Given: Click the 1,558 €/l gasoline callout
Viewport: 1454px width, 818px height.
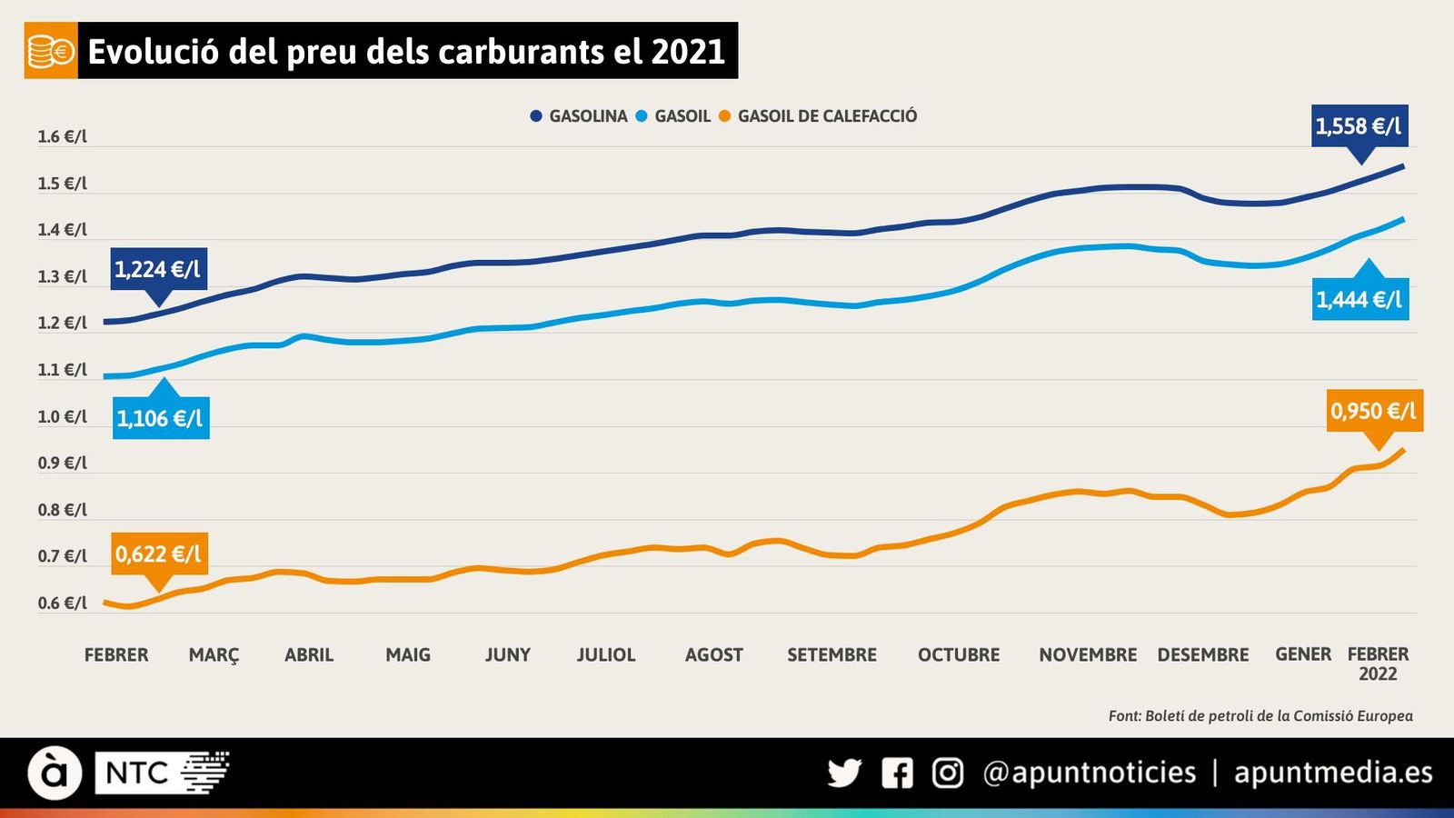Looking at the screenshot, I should pos(1359,125).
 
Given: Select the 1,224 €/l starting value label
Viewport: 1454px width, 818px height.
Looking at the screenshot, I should pos(158,269).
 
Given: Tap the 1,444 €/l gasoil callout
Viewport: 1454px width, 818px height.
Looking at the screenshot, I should pos(1359,299).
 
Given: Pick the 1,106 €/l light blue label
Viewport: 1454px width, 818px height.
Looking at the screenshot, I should pos(161,418).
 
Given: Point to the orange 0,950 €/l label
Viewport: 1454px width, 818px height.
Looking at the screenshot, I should pos(1373,411).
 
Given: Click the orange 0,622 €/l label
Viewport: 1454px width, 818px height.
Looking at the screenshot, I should pos(159,554).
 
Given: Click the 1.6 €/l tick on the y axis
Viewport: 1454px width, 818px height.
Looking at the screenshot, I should pos(63,137).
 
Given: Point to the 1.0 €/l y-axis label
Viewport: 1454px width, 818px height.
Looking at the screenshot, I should pos(63,417).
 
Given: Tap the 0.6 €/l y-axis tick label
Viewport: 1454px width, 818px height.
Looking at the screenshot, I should pos(63,604).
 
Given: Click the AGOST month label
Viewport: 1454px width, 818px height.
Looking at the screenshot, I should pos(713,655).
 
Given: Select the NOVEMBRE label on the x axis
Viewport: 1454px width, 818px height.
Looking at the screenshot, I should pos(1088,655).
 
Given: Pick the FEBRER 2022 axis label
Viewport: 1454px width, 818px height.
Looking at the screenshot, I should pos(1378,663).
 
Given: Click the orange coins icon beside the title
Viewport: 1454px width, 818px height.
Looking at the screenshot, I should pos(51,52).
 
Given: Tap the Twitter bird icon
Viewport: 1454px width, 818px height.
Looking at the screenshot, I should pos(844,773).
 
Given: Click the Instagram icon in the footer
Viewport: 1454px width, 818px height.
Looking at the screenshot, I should pos(947,773).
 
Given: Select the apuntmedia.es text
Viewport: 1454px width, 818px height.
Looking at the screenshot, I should pos(1332,773).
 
